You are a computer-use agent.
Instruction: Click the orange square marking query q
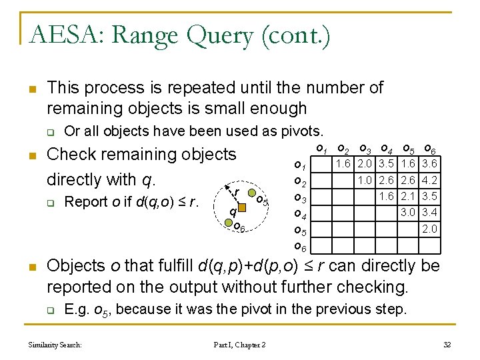tap(243, 208)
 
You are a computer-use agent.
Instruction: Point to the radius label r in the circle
tap(237, 193)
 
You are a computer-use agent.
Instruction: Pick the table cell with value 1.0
tap(365, 180)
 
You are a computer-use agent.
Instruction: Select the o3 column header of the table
tap(365, 149)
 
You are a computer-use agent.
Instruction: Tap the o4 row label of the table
tap(300, 215)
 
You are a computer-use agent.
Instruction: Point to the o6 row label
tap(300, 247)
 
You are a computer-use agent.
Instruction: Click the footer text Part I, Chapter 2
tap(239, 344)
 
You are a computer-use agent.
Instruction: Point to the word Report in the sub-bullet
tap(83, 201)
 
